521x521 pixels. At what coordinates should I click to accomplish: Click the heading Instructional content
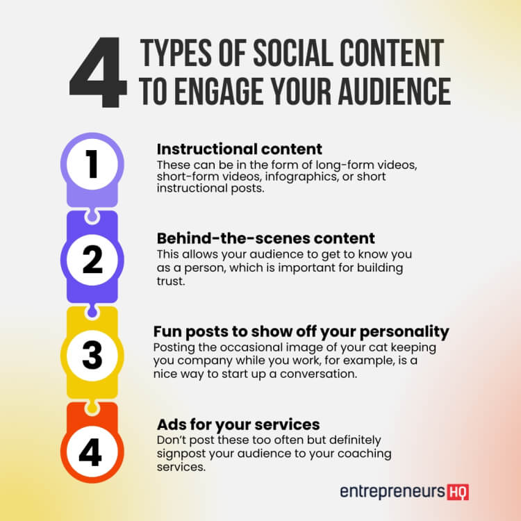(240, 149)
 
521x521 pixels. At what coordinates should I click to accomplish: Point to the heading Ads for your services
(238, 424)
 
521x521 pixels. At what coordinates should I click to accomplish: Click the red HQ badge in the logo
(458, 491)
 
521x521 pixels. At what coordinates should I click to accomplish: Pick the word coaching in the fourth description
(368, 454)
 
